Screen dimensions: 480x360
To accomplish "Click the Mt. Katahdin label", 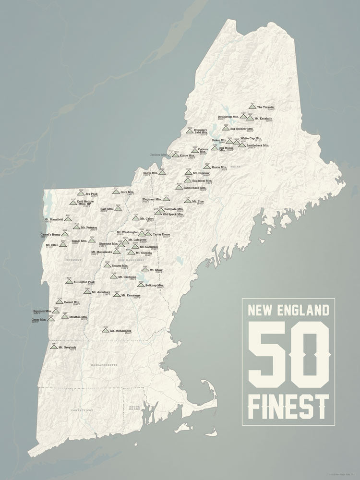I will click(264, 118).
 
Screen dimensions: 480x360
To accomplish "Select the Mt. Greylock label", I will click(67, 347).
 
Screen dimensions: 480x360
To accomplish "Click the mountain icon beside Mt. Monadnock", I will click(106, 331).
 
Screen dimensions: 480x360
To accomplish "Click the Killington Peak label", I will click(84, 282).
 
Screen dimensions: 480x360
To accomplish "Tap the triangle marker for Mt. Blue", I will click(188, 201).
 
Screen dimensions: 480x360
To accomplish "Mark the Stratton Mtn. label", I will click(77, 317).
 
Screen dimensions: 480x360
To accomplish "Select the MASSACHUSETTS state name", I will click(104, 366).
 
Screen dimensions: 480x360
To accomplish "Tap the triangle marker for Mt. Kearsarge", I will click(117, 295).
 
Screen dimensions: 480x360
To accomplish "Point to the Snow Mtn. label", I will click(150, 173).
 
